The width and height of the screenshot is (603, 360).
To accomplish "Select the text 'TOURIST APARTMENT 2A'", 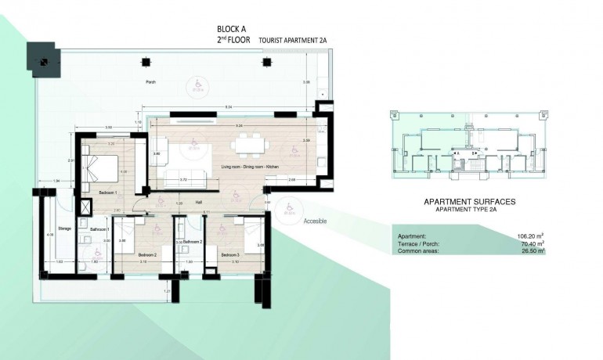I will [291, 49].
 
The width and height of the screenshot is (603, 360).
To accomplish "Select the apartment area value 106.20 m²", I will [529, 236].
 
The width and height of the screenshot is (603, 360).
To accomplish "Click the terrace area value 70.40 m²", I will [529, 243].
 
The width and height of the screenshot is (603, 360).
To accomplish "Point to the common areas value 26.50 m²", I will [529, 251].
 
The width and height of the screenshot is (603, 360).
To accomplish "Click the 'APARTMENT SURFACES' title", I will [469, 201].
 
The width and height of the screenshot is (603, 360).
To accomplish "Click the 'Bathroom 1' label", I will [99, 229].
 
